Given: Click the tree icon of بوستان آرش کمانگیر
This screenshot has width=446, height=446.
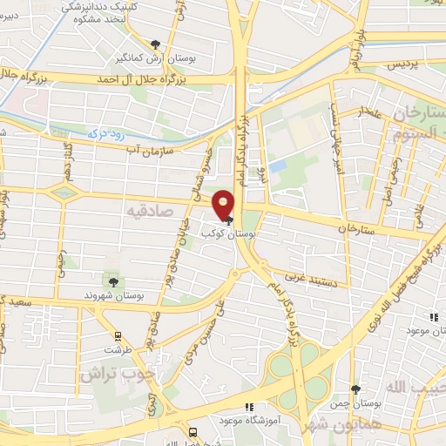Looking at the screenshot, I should pos(155,44).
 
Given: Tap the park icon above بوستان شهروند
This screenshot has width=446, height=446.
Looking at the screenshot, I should pos(113,280).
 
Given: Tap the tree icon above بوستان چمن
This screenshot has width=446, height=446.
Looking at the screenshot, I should pos(355,389).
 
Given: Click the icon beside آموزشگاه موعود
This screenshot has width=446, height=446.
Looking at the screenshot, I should pos(249,407).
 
